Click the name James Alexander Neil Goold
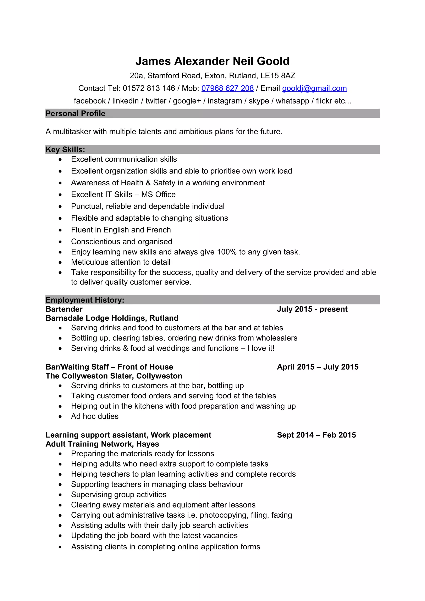coord(212,61)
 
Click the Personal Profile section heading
coord(75,113)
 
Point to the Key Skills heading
coord(65,150)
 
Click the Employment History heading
coord(85,300)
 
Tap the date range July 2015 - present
coord(312,309)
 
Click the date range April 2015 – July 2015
coord(318,367)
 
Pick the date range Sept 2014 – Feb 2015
coord(316,435)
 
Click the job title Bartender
coord(64,309)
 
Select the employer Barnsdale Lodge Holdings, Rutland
coord(112,318)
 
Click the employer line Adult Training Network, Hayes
coord(102,444)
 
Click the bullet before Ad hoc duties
coord(60,416)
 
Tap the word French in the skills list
coord(159,230)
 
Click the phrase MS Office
coord(158,195)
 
